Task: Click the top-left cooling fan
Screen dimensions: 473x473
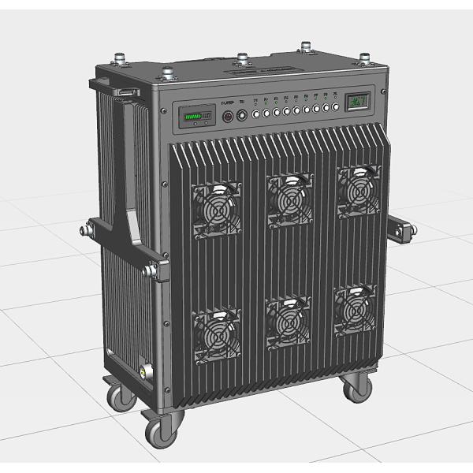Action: [216, 209]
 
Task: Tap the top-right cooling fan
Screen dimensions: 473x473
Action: [359, 190]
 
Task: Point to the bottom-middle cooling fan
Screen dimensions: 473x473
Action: [289, 321]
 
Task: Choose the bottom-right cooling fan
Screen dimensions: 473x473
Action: [355, 310]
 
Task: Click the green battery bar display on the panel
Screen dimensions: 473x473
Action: [195, 118]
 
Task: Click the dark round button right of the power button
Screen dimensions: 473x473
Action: [243, 115]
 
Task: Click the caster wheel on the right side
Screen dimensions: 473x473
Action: [356, 386]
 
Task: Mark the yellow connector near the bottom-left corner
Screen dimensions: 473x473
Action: [143, 368]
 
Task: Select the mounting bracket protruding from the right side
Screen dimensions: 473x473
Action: [400, 230]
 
